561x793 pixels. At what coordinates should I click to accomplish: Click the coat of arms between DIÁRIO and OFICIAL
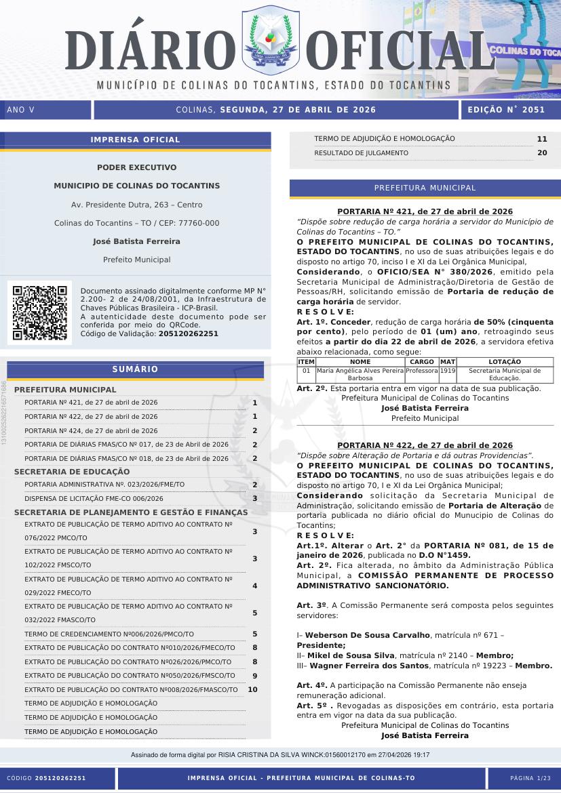[x=270, y=42]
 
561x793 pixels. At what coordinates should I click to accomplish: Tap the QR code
[x=39, y=312]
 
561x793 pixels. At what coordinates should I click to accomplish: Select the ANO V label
[x=20, y=110]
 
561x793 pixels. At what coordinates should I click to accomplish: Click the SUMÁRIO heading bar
[x=136, y=369]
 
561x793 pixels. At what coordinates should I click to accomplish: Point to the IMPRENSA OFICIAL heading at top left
[x=136, y=140]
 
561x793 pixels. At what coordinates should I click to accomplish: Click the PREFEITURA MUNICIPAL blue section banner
[x=425, y=188]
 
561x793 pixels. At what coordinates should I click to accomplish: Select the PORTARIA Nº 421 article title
[x=425, y=211]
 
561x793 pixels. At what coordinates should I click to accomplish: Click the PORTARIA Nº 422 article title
[x=425, y=445]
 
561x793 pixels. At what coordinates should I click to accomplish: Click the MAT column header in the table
[x=448, y=362]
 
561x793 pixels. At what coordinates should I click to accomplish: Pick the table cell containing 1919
[x=448, y=371]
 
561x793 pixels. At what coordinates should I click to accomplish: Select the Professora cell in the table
[x=421, y=371]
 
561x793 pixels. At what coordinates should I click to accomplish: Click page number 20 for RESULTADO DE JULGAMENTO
[x=541, y=153]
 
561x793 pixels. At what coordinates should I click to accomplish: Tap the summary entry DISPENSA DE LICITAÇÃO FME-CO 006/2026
[x=94, y=498]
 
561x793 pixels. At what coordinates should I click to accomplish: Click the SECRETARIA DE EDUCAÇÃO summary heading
[x=72, y=471]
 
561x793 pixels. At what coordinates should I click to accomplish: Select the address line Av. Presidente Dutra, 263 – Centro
[x=136, y=205]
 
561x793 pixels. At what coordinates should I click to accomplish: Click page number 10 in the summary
[x=253, y=689]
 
